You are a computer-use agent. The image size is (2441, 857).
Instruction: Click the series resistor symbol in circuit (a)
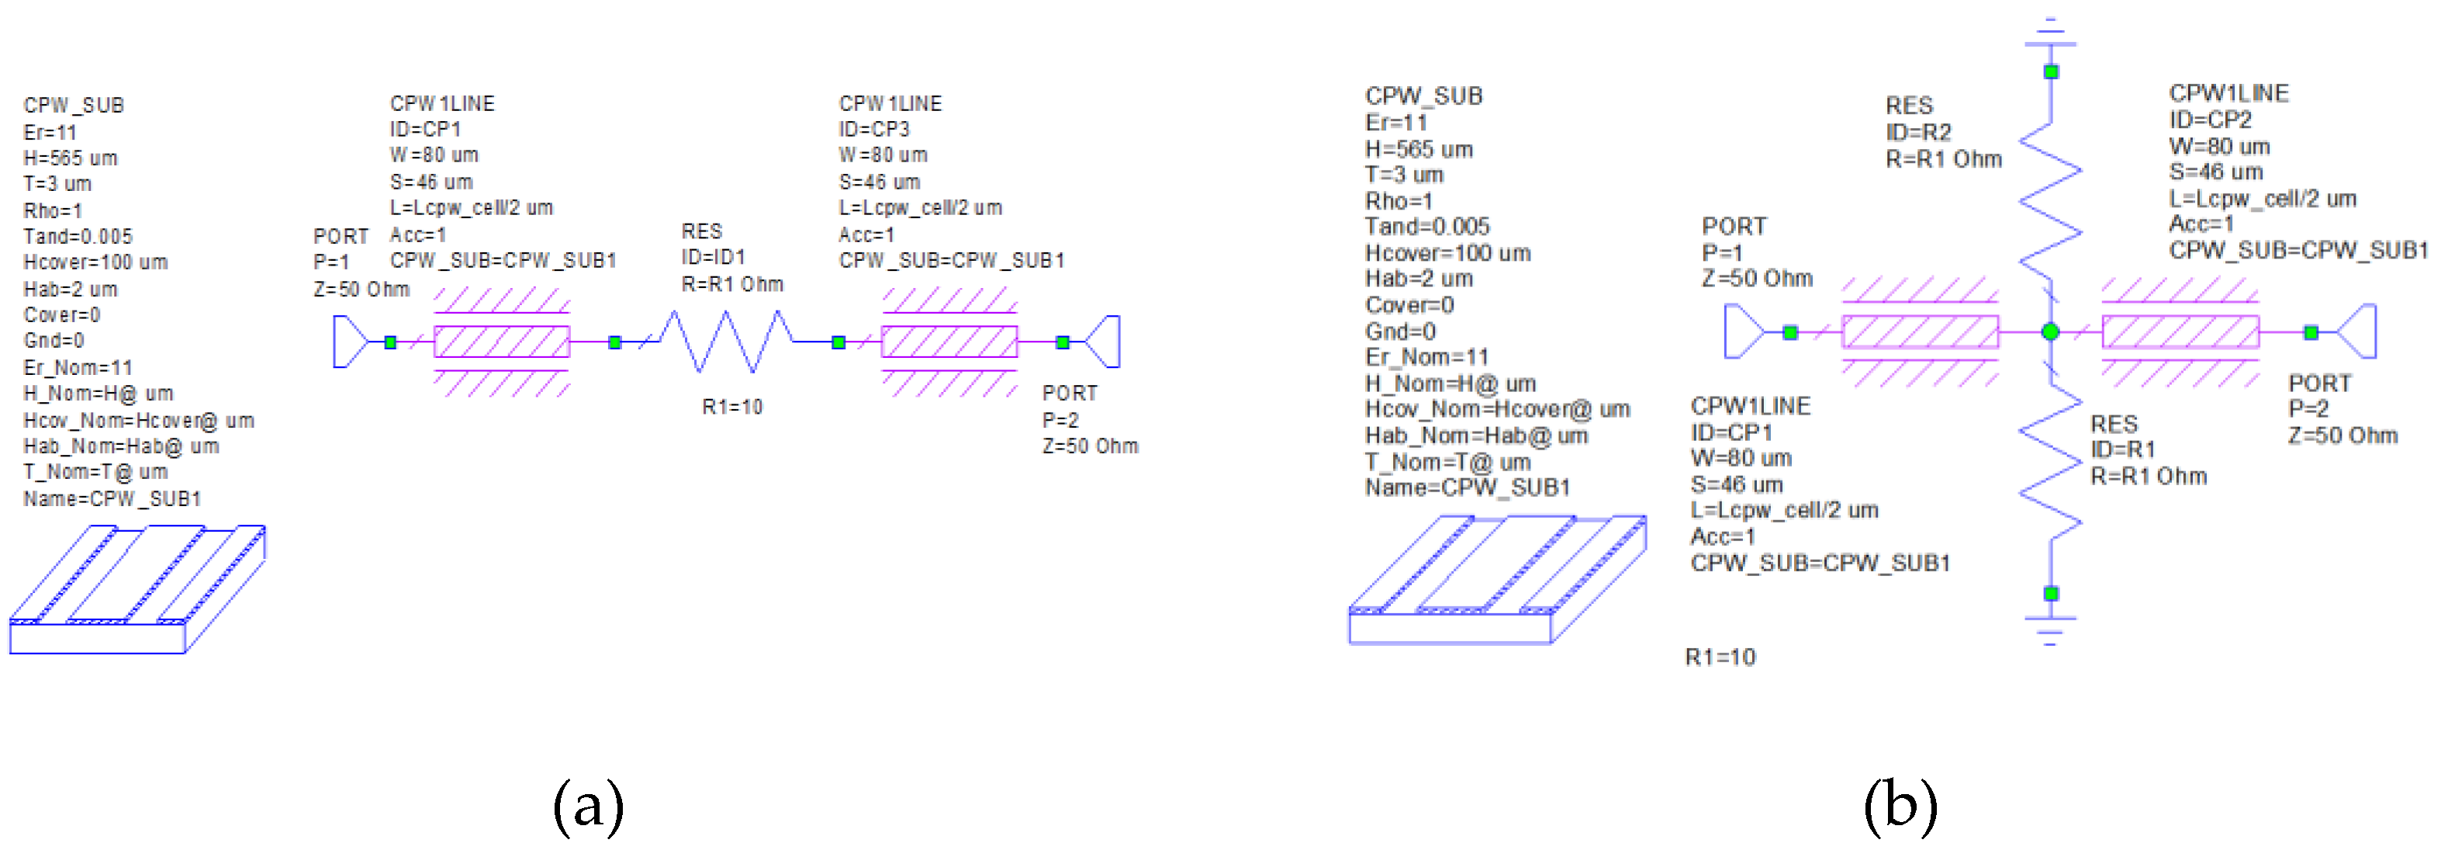(727, 342)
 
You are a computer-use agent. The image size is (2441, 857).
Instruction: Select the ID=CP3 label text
(873, 129)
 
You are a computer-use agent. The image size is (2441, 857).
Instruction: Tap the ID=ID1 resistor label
(714, 257)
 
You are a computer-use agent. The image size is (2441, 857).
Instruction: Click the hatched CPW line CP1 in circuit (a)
(501, 342)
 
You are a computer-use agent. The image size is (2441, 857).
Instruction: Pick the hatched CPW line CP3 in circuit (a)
(949, 342)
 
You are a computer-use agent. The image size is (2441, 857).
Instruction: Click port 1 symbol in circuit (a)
(350, 342)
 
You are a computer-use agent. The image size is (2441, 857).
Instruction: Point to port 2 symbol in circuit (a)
(1104, 342)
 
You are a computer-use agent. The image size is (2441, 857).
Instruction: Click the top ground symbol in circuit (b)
(2051, 33)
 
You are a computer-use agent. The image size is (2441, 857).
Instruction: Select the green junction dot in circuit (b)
(2051, 331)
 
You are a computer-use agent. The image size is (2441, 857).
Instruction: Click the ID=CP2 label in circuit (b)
(2210, 120)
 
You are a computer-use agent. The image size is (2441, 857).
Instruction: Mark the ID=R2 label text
(1918, 132)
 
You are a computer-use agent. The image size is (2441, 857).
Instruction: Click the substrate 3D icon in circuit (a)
(137, 590)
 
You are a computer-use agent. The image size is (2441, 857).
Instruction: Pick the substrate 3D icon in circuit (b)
(1497, 580)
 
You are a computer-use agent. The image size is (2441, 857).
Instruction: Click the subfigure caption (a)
(589, 806)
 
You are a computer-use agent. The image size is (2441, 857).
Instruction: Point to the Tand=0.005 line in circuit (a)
(78, 236)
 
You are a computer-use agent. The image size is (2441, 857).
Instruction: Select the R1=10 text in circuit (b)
(1720, 657)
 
